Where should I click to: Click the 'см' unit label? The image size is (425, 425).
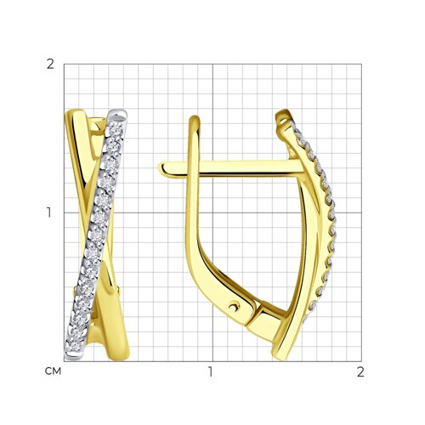coord(53,371)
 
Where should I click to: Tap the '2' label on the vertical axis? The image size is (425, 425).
coord(50,65)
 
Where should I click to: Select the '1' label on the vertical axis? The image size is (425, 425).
coord(49,212)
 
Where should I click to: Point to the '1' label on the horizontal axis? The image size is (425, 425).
coord(210,371)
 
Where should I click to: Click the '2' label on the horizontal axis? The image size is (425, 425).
coord(360,371)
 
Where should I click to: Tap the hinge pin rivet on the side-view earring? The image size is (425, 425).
coord(234,306)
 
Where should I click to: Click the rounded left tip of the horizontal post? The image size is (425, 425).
coord(161,168)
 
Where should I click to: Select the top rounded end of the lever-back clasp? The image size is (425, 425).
coord(195,119)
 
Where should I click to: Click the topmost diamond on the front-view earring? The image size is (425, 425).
coord(116,130)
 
